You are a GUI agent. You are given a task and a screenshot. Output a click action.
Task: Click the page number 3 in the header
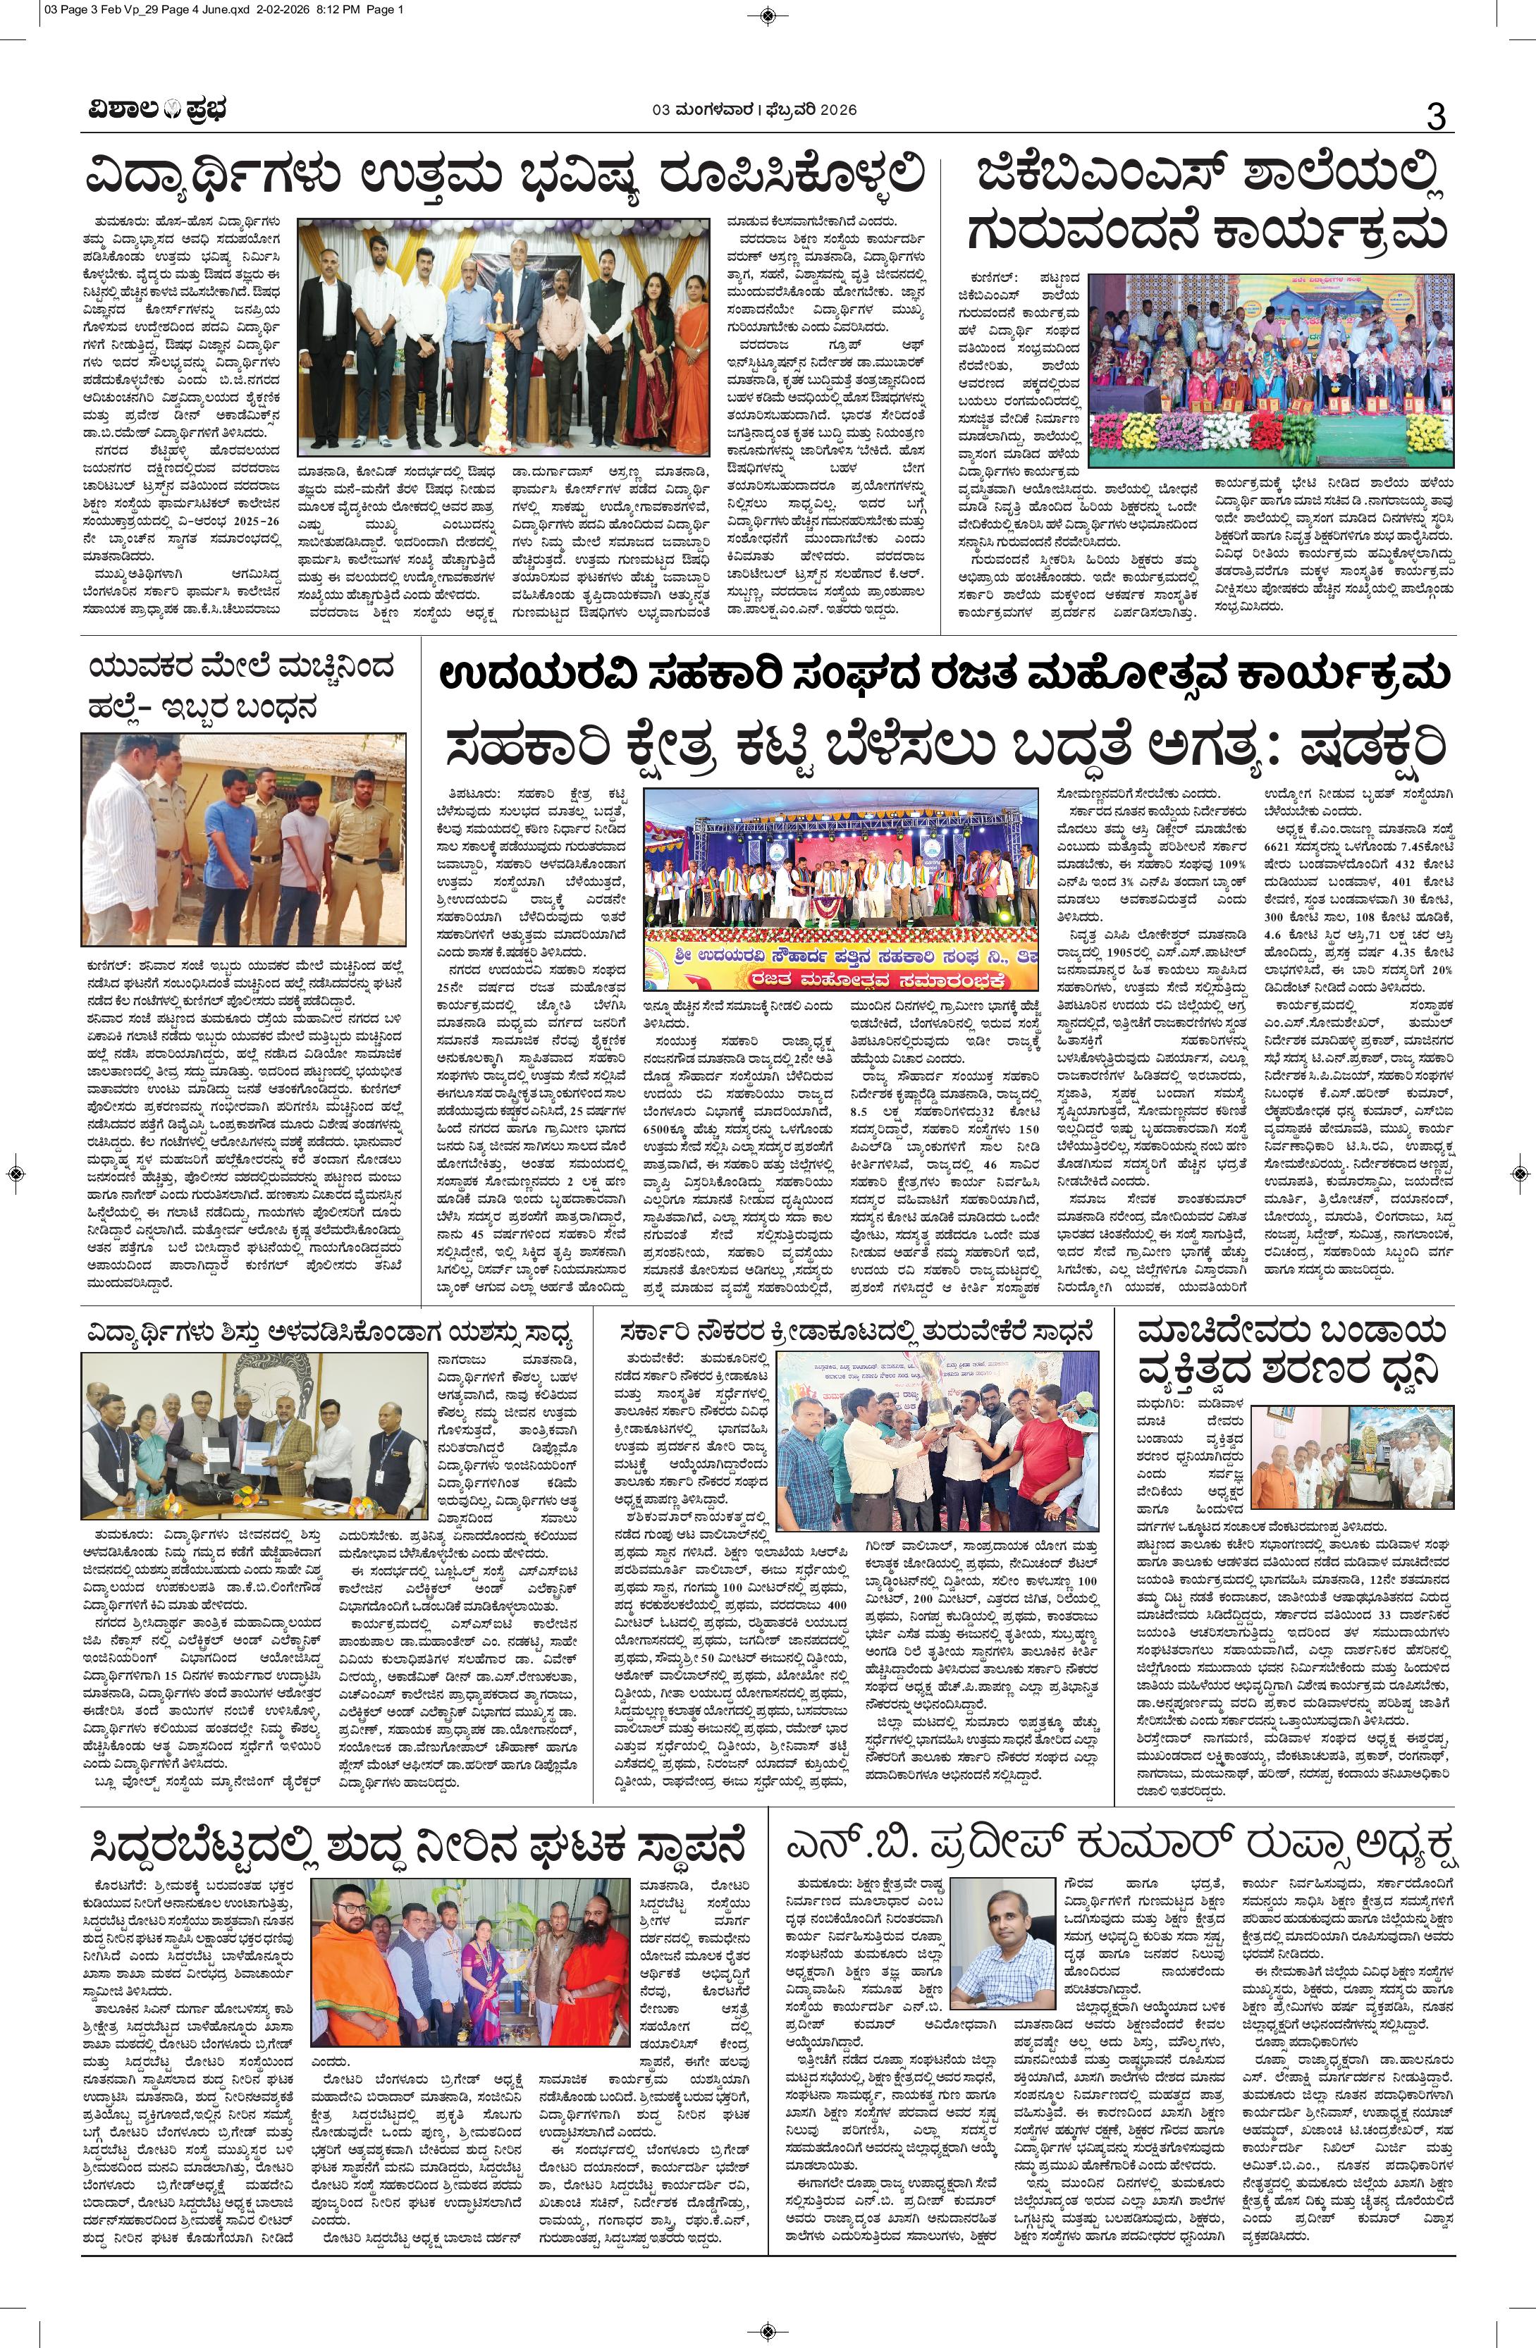pos(1435,116)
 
